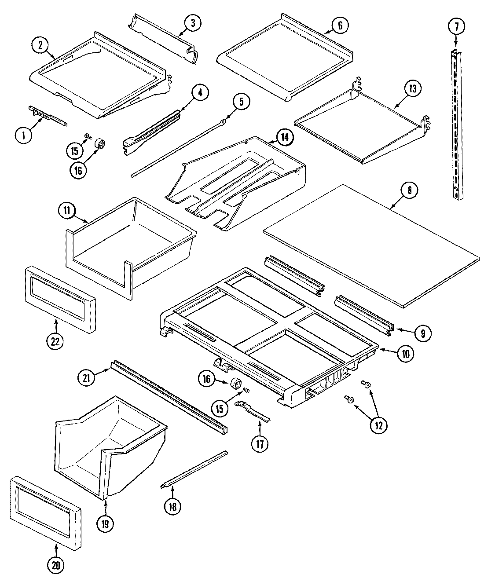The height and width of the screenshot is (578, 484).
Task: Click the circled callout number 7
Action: pyautogui.click(x=456, y=27)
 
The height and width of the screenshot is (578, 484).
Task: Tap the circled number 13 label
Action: pyautogui.click(x=412, y=88)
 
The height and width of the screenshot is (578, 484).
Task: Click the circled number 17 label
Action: pyautogui.click(x=260, y=444)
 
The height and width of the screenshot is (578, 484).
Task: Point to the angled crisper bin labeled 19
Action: pyautogui.click(x=110, y=444)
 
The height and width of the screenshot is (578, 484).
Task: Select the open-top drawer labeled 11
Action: pyautogui.click(x=128, y=246)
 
